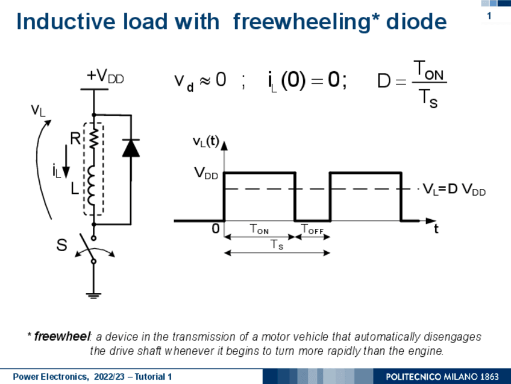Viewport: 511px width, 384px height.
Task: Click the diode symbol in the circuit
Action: coord(131,148)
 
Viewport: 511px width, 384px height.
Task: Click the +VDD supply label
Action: coord(105,76)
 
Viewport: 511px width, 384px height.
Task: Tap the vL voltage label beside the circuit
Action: coord(38,110)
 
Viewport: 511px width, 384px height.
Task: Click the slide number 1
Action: coord(489,16)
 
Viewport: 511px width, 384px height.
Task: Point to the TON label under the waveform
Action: coord(259,229)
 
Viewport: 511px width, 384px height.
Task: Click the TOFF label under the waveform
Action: coord(312,229)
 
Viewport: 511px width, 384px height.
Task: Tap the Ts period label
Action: coord(277,245)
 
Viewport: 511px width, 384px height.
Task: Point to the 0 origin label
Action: coord(215,230)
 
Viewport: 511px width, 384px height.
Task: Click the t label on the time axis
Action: coord(436,229)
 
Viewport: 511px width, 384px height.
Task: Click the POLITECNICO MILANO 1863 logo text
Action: coord(442,377)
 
